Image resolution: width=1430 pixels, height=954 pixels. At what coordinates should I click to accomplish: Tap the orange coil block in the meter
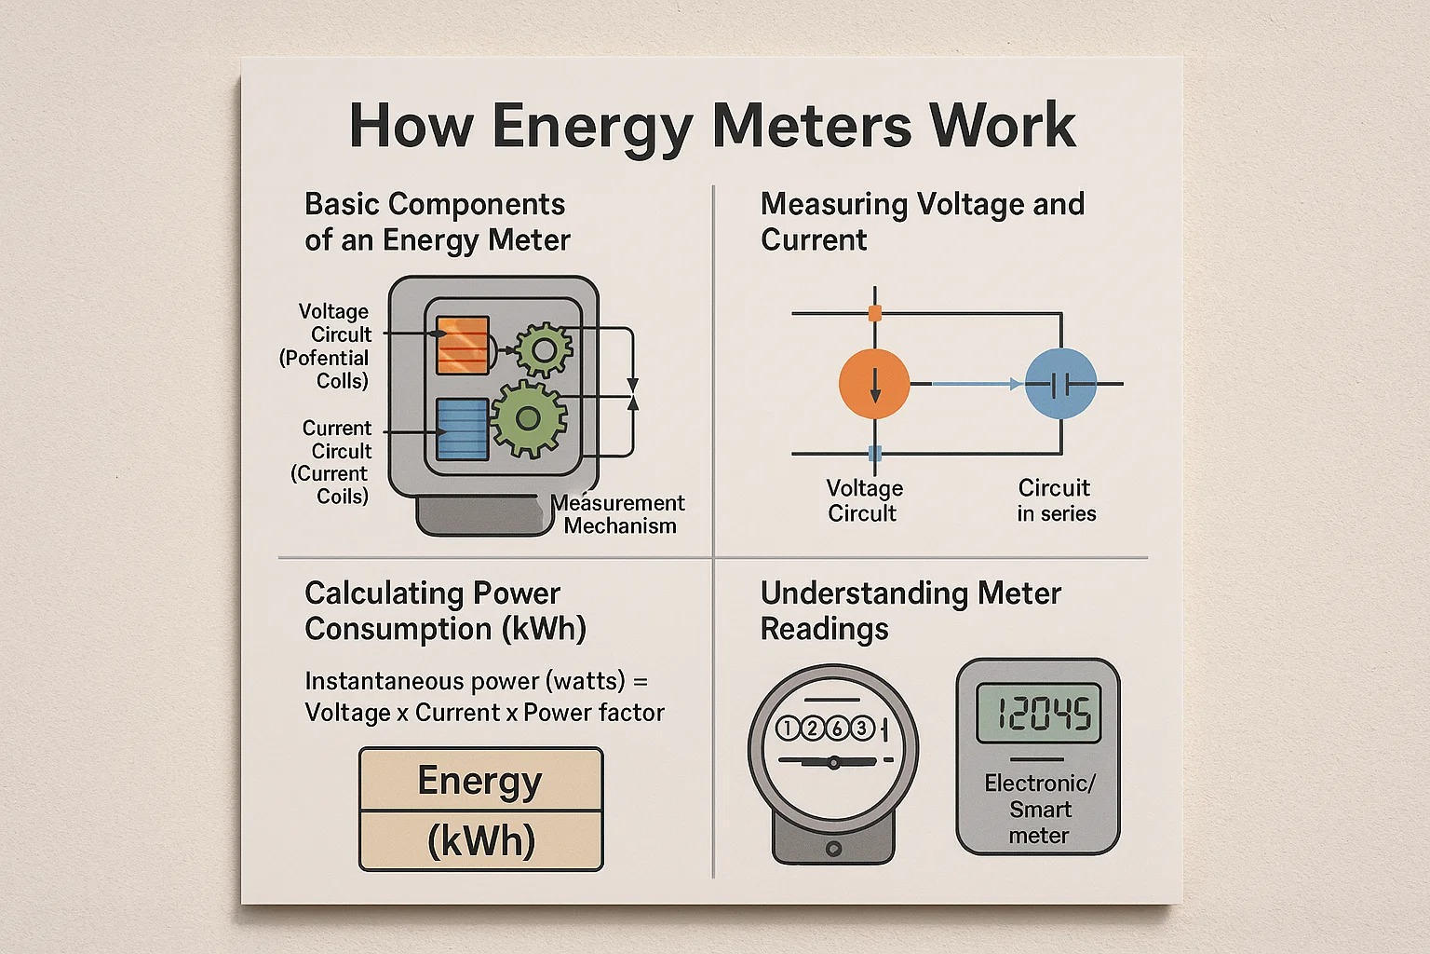(463, 345)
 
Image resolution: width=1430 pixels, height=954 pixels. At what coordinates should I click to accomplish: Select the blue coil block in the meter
(463, 429)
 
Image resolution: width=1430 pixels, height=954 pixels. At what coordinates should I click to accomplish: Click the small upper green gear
(544, 350)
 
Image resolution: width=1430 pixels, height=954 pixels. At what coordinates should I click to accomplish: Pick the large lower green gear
(528, 418)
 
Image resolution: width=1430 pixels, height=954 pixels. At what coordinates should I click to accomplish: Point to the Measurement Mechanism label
(620, 514)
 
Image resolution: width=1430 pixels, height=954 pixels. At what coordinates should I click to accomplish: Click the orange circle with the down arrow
(874, 384)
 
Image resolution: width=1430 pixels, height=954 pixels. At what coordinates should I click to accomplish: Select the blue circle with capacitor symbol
(1060, 384)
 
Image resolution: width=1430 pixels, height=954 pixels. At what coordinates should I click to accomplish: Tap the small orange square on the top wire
(874, 313)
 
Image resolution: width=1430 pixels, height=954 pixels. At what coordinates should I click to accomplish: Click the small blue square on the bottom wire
(874, 454)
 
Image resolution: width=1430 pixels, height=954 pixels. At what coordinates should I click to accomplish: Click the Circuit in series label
(1056, 500)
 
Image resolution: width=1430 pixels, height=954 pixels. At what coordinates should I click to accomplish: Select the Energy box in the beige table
(480, 780)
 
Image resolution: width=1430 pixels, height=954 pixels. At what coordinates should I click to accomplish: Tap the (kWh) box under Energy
(480, 840)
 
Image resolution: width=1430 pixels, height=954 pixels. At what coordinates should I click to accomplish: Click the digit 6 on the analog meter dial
(837, 728)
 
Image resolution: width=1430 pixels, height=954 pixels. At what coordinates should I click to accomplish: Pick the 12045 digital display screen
(1038, 715)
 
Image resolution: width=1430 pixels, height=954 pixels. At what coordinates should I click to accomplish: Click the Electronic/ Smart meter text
(1039, 809)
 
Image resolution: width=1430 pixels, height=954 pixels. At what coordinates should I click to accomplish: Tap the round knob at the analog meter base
(833, 849)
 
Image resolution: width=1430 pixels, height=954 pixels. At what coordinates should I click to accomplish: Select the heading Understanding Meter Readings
(910, 610)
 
